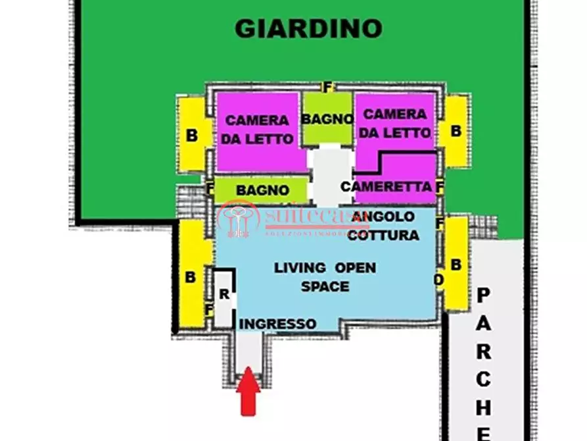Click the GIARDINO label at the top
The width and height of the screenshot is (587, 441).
[308, 28]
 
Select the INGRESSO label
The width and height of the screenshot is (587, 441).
[277, 324]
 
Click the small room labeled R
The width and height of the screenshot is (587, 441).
[223, 296]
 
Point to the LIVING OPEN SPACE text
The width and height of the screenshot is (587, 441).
[325, 277]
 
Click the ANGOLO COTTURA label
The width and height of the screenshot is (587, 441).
[383, 225]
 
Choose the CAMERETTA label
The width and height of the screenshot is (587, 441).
[387, 187]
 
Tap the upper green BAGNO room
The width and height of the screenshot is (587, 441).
[327, 120]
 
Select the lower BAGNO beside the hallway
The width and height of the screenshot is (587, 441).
[262, 190]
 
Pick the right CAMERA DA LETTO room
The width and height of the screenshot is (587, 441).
[394, 124]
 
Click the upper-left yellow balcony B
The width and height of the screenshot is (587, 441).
[192, 136]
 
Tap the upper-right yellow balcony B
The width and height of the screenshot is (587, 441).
[456, 130]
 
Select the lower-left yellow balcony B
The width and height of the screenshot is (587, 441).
[191, 276]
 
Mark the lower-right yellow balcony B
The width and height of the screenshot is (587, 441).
[457, 264]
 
